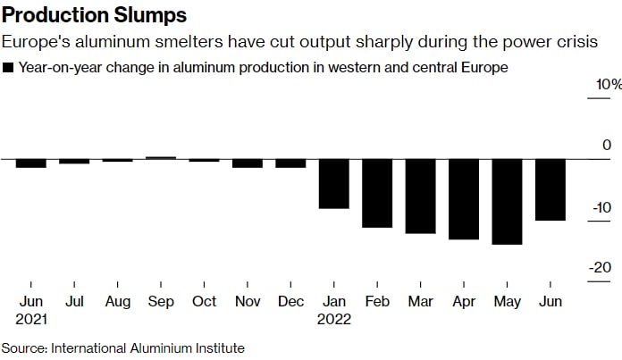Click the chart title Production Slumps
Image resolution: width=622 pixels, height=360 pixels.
click(x=94, y=15)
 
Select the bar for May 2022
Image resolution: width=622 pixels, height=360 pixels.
click(x=507, y=202)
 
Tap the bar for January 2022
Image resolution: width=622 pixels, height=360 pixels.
click(x=334, y=184)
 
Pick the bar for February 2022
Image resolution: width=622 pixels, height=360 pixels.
click(x=377, y=193)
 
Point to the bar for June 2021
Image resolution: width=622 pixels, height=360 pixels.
click(x=31, y=163)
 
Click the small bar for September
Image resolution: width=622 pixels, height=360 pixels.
click(x=161, y=158)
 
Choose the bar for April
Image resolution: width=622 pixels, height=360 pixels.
click(x=464, y=199)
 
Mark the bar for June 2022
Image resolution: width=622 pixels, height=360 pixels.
click(x=550, y=189)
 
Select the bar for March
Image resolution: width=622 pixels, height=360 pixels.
click(x=420, y=197)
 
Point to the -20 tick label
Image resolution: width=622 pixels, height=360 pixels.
click(x=601, y=268)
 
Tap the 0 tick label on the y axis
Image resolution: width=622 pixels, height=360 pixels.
click(x=606, y=146)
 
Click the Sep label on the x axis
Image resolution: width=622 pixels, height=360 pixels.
click(x=161, y=301)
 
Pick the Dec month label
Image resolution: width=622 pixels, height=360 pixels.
click(x=290, y=301)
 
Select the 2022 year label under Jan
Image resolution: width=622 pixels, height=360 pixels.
click(x=335, y=319)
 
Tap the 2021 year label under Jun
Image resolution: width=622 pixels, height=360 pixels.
click(x=32, y=319)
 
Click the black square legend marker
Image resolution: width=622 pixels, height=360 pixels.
click(x=9, y=67)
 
